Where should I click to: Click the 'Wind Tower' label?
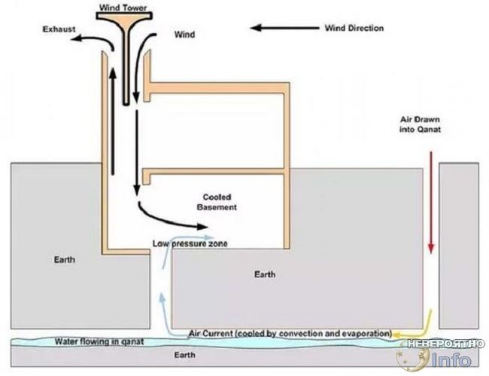click(x=123, y=8)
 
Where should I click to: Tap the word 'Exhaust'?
click(x=59, y=29)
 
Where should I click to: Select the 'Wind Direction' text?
click(x=354, y=28)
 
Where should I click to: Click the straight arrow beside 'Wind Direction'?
click(x=285, y=28)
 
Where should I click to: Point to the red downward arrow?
click(x=431, y=202)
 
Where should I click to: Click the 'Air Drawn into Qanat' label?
click(x=420, y=124)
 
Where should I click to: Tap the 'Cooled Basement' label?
click(x=217, y=202)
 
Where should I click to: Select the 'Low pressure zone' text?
click(x=190, y=243)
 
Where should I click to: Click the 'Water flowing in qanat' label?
click(x=99, y=341)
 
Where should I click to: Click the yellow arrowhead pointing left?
click(x=396, y=335)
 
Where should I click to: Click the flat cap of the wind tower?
click(x=124, y=16)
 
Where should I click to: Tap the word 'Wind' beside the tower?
click(x=184, y=34)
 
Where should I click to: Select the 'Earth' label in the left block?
click(x=65, y=259)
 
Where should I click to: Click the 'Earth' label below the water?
click(x=184, y=355)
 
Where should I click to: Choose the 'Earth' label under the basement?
click(x=265, y=274)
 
